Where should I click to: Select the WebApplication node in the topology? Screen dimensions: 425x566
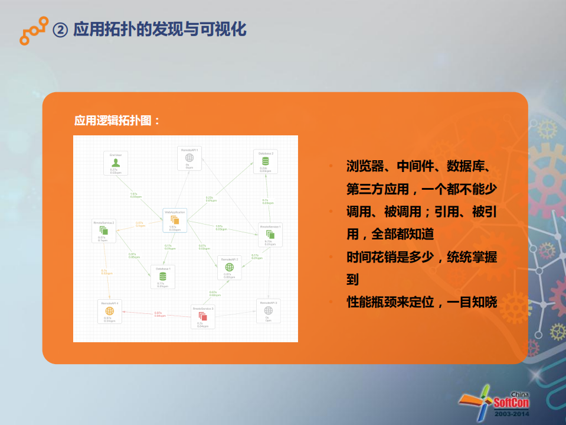click(x=175, y=219)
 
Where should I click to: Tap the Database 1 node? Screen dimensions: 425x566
click(x=162, y=276)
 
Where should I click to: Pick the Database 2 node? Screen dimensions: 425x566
click(x=266, y=160)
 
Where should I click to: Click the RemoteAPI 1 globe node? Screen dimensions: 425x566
click(x=189, y=158)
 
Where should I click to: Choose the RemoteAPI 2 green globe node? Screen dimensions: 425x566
click(x=229, y=267)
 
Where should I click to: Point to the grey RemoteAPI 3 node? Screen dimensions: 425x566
click(x=268, y=310)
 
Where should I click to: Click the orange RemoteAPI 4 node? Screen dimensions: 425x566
click(x=109, y=311)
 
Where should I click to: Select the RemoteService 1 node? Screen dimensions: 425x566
click(x=270, y=234)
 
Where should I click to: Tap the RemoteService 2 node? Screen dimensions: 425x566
click(x=104, y=230)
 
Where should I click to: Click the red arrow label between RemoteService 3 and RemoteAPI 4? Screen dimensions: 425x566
click(x=159, y=314)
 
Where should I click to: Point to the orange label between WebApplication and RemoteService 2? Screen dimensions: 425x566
click(x=140, y=224)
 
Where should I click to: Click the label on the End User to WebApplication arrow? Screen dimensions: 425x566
click(x=135, y=195)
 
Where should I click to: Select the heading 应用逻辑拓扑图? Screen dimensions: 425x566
click(x=117, y=121)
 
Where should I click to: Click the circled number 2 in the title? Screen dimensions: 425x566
click(x=60, y=30)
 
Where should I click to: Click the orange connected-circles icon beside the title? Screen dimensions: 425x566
click(x=32, y=30)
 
